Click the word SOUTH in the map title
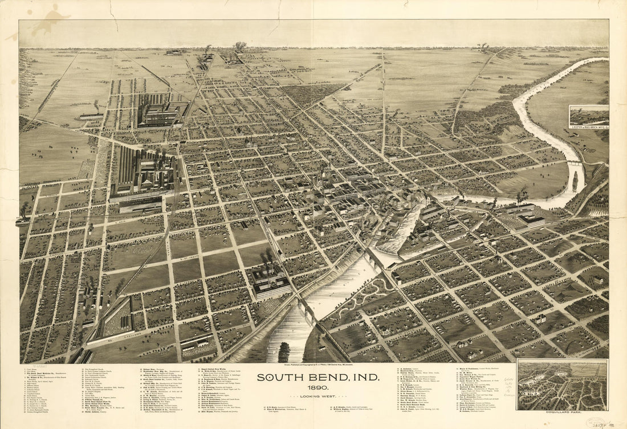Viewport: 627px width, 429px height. [276, 377]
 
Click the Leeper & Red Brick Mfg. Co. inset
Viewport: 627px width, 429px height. [589, 116]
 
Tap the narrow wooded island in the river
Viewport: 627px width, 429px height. [575, 181]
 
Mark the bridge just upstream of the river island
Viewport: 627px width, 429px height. [575, 164]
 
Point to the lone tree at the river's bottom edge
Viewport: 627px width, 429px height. [284, 353]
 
